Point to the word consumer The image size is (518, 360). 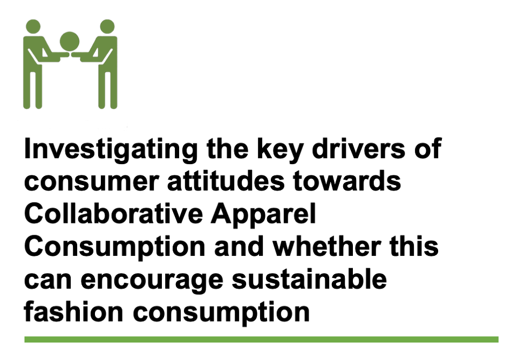tap(92, 182)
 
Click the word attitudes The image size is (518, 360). tap(226, 180)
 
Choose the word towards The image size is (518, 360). tap(347, 180)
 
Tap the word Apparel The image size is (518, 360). tap(263, 215)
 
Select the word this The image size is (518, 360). tap(414, 246)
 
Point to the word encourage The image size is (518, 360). tap(152, 281)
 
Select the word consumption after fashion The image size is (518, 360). tap(221, 314)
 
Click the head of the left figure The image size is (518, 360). tap(33, 26)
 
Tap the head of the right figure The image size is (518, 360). tap(107, 26)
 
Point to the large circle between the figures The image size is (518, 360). tap(70, 42)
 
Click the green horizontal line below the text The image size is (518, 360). tap(261, 339)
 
